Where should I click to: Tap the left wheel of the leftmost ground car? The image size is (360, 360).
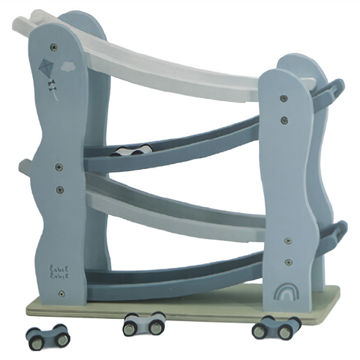(x=35, y=337)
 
